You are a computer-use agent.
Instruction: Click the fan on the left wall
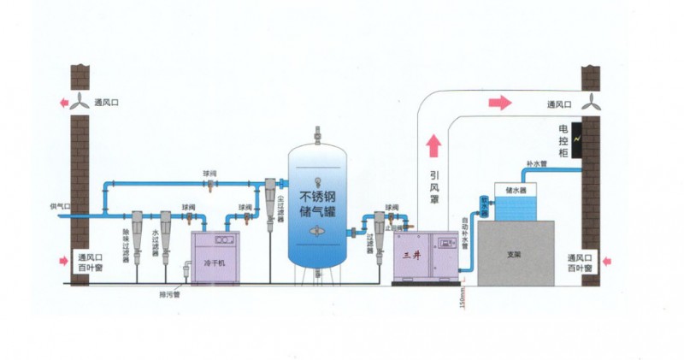tap(80, 102)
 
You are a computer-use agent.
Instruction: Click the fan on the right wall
tap(592, 103)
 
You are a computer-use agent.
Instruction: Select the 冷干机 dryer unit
tap(213, 256)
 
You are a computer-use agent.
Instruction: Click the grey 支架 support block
tap(515, 253)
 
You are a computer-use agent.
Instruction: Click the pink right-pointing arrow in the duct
tap(499, 103)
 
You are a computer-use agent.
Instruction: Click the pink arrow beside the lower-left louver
tap(62, 260)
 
